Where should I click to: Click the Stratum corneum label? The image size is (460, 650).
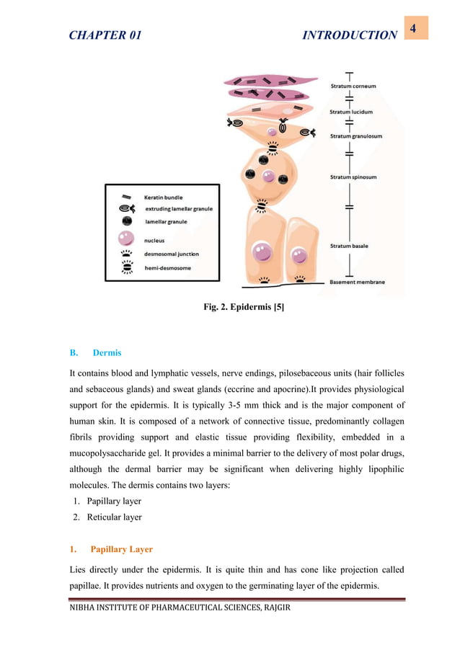pyautogui.click(x=353, y=86)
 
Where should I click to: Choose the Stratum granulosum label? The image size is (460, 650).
pyautogui.click(x=356, y=135)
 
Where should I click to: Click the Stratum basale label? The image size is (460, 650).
pyautogui.click(x=350, y=246)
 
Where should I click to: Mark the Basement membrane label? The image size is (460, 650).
pyautogui.click(x=357, y=281)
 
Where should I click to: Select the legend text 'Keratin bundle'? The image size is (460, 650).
pyautogui.click(x=164, y=197)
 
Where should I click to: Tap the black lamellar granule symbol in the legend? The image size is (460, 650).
pyautogui.click(x=125, y=222)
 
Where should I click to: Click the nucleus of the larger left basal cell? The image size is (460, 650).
pyautogui.click(x=260, y=251)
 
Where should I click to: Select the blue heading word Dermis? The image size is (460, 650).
pyautogui.click(x=107, y=353)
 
